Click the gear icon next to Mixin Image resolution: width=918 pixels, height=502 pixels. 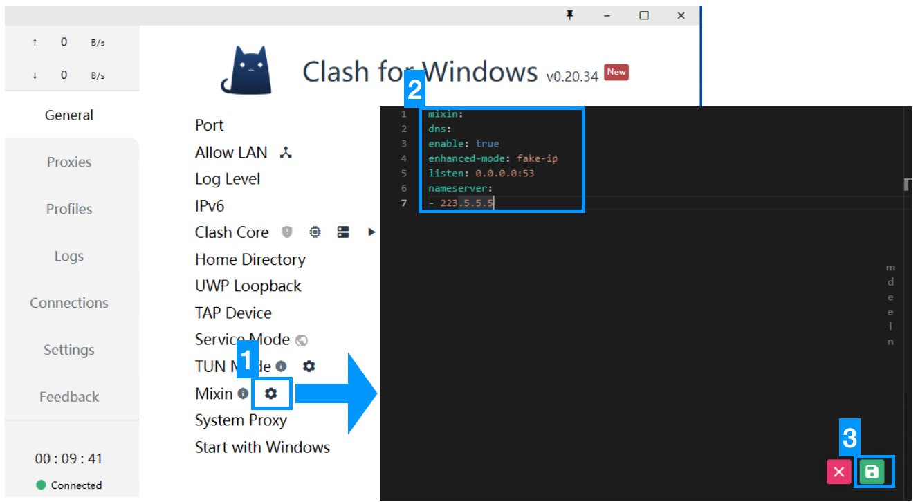pyautogui.click(x=271, y=393)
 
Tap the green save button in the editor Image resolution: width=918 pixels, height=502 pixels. pyautogui.click(x=872, y=472)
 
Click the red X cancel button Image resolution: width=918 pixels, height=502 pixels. pyautogui.click(x=838, y=472)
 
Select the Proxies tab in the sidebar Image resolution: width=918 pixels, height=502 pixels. pyautogui.click(x=69, y=162)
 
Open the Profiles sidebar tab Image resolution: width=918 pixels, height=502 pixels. pyautogui.click(x=69, y=209)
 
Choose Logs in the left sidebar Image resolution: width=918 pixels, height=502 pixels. pyautogui.click(x=69, y=256)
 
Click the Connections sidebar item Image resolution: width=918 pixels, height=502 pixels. pyautogui.click(x=69, y=303)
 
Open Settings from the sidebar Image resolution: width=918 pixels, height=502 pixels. pyautogui.click(x=69, y=350)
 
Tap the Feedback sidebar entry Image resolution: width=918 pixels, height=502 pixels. pyautogui.click(x=69, y=397)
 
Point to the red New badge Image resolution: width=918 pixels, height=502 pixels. pyautogui.click(x=616, y=72)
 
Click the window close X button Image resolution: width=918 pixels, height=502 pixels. pyautogui.click(x=681, y=15)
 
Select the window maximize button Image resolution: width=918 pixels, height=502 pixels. pyautogui.click(x=644, y=15)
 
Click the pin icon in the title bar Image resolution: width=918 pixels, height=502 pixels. pyautogui.click(x=570, y=15)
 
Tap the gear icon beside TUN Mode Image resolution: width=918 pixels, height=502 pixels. pyautogui.click(x=309, y=366)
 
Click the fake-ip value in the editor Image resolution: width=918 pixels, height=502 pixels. pyautogui.click(x=537, y=158)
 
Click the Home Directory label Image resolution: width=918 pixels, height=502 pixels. pyautogui.click(x=250, y=259)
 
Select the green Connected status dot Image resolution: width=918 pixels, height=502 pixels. pyautogui.click(x=42, y=485)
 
